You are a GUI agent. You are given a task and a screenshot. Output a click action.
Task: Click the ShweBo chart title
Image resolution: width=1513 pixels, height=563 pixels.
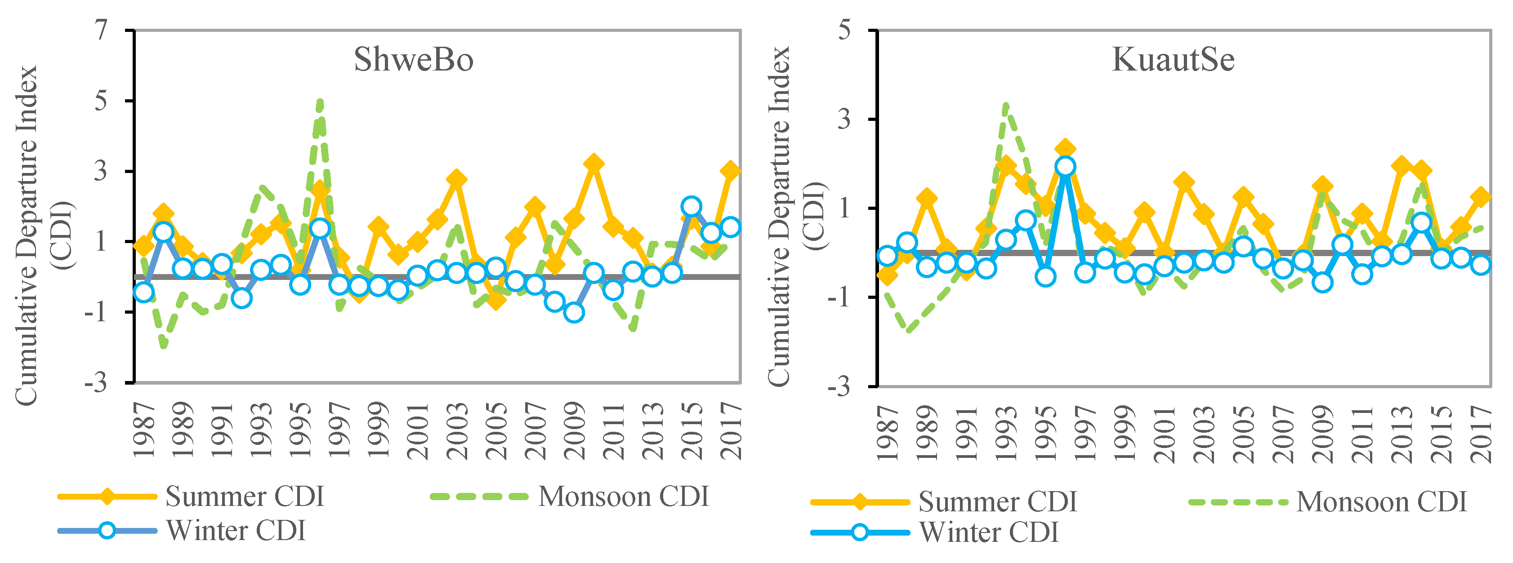click(414, 59)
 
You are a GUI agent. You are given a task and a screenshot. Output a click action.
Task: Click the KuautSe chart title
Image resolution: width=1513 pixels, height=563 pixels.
click(1173, 59)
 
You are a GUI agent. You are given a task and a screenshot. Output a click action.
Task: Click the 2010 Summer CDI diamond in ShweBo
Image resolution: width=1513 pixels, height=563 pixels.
click(594, 163)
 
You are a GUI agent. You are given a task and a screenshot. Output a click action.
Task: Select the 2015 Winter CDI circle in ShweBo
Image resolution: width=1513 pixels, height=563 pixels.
click(692, 207)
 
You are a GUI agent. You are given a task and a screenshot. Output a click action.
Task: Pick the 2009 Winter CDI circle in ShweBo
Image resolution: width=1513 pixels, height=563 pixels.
click(574, 312)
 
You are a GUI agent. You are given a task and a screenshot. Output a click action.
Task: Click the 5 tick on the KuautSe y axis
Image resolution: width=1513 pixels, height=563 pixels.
click(844, 29)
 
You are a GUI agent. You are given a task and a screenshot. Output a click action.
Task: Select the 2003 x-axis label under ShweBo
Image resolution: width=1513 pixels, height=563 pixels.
click(457, 431)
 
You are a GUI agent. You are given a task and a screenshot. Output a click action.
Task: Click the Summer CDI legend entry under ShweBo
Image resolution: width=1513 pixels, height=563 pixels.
click(245, 497)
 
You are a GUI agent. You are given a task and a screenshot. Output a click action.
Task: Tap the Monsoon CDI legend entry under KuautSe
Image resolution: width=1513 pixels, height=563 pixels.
click(1381, 502)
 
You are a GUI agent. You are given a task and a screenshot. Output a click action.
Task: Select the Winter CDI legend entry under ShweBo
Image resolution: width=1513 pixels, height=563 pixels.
click(236, 531)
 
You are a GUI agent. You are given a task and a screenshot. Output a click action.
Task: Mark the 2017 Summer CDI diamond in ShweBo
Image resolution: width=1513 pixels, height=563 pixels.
click(730, 171)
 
